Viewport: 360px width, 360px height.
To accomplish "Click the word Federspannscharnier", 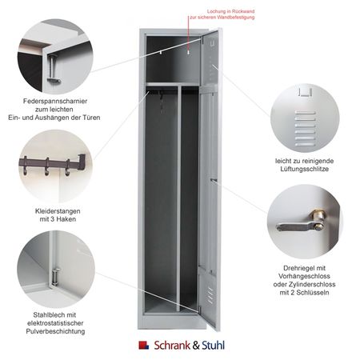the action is tap(55, 101).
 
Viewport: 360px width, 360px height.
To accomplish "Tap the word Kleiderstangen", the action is tap(58, 211).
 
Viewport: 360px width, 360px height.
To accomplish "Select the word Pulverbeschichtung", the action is tap(55, 331).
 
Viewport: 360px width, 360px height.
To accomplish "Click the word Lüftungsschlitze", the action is tap(304, 169).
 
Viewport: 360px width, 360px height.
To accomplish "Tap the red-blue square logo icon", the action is tap(143, 345).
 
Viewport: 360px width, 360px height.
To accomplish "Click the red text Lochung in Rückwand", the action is tap(230, 11).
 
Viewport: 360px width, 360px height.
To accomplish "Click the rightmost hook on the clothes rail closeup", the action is tap(67, 167).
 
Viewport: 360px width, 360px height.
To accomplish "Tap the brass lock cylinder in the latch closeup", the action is tap(318, 218).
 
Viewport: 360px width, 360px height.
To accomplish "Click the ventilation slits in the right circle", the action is tap(306, 129).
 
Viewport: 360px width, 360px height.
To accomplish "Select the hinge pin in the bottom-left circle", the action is tap(55, 277).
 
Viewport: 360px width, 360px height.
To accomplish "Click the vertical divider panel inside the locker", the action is tap(178, 198).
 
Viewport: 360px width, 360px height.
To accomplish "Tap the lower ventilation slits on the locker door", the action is tap(210, 295).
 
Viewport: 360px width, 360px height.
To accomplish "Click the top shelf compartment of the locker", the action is tap(173, 59).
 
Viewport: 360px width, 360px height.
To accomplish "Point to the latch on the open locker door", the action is tap(214, 181).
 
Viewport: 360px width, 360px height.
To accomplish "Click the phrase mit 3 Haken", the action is tap(58, 219).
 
